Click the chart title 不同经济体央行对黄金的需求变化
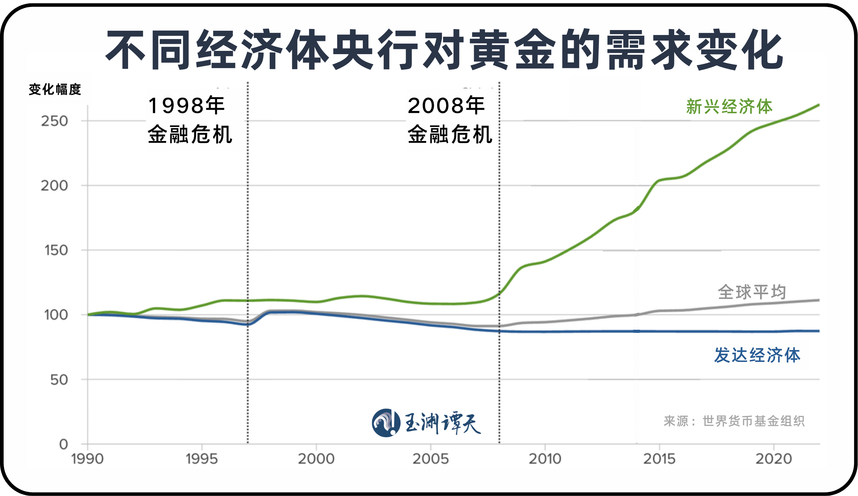tap(444, 50)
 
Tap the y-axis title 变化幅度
tap(55, 89)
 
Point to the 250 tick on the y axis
tap(54, 121)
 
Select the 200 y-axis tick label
tap(54, 186)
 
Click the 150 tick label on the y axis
tap(56, 250)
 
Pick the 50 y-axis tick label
tap(59, 379)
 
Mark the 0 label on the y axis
tap(64, 444)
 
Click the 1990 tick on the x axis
tap(87, 459)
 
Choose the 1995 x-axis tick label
tap(202, 459)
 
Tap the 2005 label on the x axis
tap(431, 459)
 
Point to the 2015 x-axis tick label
tap(660, 459)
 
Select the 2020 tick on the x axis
tap(774, 459)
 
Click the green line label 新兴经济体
tap(729, 107)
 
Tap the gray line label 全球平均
tap(752, 292)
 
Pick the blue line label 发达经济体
tap(757, 355)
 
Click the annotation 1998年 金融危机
tap(190, 120)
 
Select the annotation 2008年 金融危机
tap(450, 120)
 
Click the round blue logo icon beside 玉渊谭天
tap(386, 423)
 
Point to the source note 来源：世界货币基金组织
tap(734, 421)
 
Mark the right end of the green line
tap(818, 105)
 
